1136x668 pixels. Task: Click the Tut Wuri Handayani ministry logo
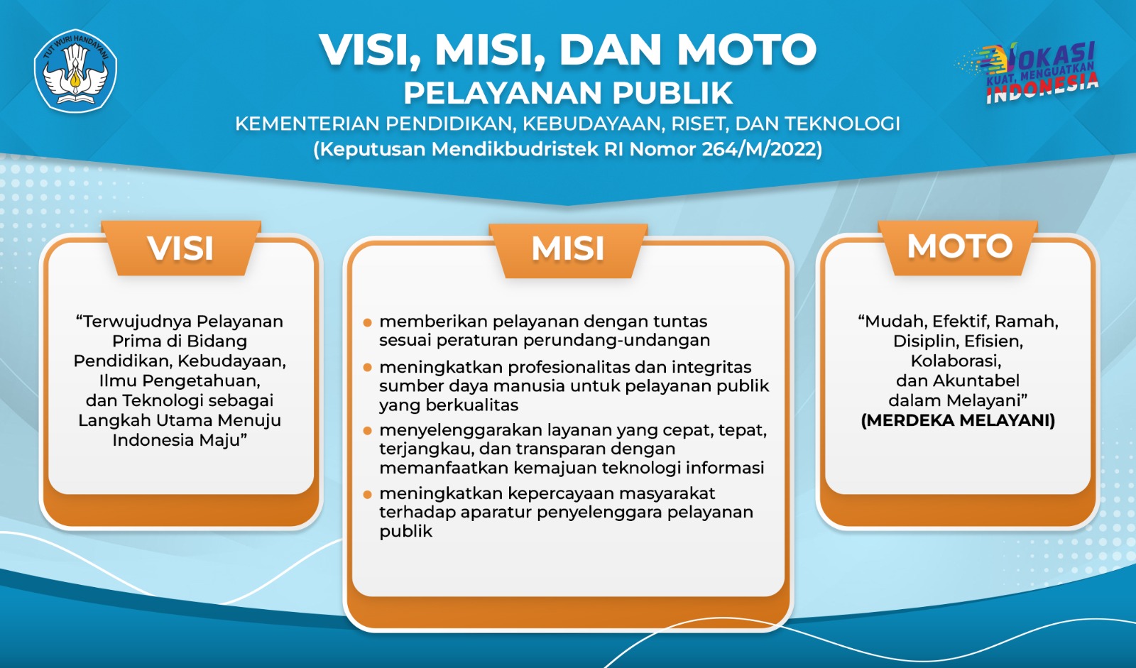tap(75, 70)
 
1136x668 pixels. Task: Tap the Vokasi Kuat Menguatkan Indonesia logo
tap(1027, 73)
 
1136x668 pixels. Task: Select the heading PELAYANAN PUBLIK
tap(568, 93)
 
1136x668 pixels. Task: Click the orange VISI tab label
tap(180, 248)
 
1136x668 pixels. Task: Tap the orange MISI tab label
tap(568, 249)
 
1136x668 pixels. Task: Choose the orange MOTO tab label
tap(959, 246)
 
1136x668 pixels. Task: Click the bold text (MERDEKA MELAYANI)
tap(958, 420)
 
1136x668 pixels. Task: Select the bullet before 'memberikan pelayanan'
tap(368, 322)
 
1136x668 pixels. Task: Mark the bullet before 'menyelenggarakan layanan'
tap(368, 431)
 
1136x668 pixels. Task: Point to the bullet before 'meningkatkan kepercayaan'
tap(368, 494)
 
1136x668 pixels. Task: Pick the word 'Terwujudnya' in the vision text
tap(138, 322)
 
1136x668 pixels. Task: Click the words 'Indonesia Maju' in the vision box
tap(176, 439)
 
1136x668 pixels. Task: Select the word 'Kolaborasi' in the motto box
tap(954, 361)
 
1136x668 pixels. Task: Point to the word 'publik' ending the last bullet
tap(405, 532)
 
